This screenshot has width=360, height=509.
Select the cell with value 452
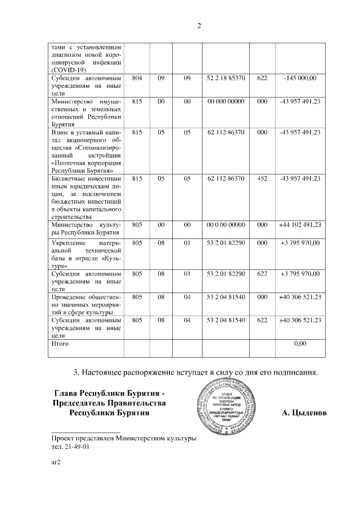(262, 178)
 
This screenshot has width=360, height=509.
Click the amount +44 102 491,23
(300, 224)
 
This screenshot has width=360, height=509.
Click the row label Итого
(60, 343)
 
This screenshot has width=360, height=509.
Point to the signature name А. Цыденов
(304, 413)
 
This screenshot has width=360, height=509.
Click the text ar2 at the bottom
(55, 463)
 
